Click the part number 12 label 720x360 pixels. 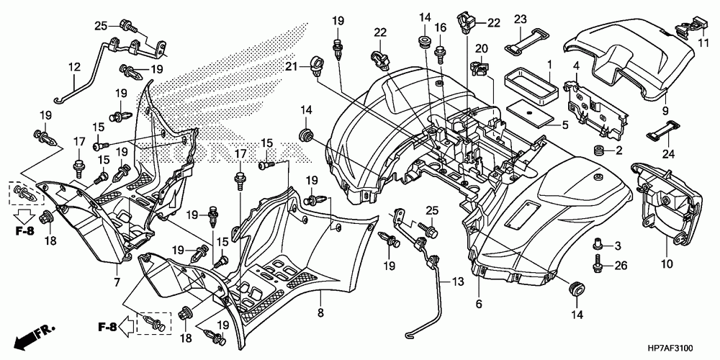[74, 68]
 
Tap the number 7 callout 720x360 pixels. [117, 283]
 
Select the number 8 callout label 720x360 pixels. [320, 312]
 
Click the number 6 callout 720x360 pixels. [479, 304]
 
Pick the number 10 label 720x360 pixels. [667, 264]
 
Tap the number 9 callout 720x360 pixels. [665, 111]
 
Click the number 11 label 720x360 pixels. [703, 44]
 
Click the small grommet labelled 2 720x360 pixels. [598, 150]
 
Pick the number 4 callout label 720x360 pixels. [577, 68]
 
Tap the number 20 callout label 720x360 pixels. [481, 49]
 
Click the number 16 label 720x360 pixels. [441, 28]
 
